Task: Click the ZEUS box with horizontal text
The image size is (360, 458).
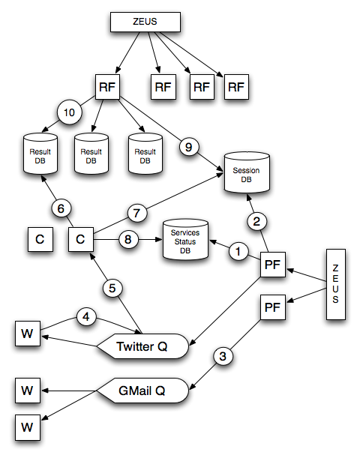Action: [x=145, y=22]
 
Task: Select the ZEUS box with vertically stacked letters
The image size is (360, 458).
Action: [x=336, y=284]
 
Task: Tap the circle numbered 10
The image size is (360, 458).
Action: [x=70, y=112]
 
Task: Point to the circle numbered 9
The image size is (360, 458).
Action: [x=189, y=147]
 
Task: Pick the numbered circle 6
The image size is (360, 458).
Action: [x=61, y=208]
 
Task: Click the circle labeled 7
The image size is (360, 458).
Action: [x=136, y=213]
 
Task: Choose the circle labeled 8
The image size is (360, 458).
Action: [x=128, y=240]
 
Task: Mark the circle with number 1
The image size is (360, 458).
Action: [x=238, y=252]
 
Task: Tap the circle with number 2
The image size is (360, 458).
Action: [x=256, y=221]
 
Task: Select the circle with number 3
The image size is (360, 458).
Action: [x=223, y=356]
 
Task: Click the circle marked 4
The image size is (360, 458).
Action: [x=86, y=317]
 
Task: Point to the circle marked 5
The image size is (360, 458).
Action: [x=112, y=289]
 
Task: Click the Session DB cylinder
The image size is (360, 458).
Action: [x=247, y=172]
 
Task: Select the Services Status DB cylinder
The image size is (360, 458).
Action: [x=185, y=240]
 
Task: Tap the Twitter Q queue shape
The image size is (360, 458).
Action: [x=143, y=346]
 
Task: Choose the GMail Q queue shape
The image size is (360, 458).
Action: [x=143, y=391]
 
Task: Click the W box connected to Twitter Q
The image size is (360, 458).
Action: [x=28, y=334]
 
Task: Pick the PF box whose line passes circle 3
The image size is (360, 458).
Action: [x=273, y=307]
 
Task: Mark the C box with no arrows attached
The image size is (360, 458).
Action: [x=40, y=240]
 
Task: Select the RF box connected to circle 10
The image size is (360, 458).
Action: [x=107, y=87]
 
